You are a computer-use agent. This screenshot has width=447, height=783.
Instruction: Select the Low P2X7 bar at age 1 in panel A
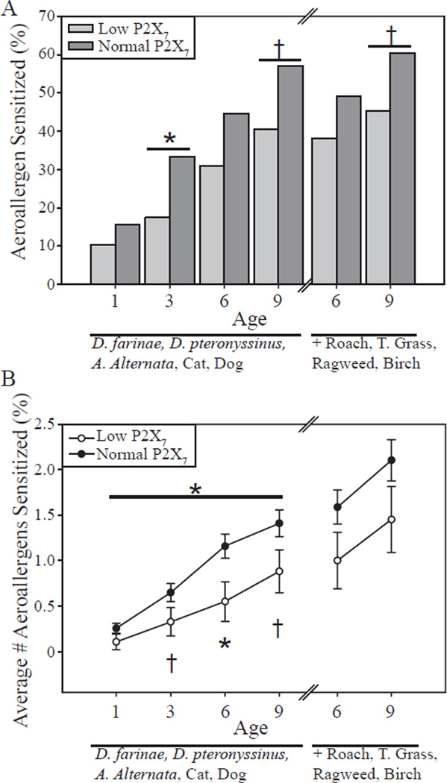point(102,264)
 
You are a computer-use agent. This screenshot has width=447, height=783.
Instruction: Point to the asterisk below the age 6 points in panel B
point(225,642)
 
